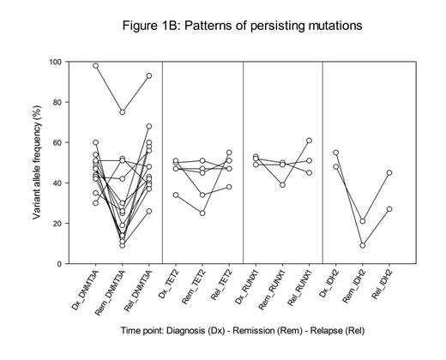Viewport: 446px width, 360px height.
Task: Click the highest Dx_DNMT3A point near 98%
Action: tap(96, 66)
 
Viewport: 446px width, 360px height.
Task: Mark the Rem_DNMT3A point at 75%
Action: tap(122, 112)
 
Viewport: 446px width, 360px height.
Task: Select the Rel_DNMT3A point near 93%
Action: tap(149, 76)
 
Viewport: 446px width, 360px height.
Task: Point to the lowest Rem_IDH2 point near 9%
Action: tap(363, 245)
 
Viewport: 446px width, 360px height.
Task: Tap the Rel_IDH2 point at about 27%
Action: tap(389, 209)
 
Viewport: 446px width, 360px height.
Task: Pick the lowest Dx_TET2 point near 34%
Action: tap(177, 195)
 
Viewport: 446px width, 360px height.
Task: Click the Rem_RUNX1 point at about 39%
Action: tap(282, 184)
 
